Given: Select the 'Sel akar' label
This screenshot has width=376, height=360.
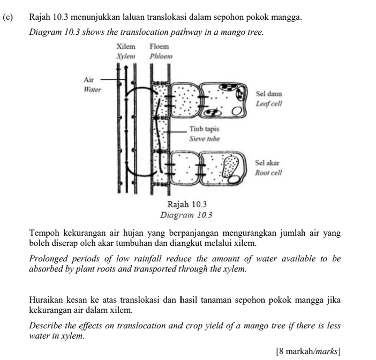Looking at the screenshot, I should coord(267,163).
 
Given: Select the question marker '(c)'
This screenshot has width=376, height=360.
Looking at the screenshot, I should coord(7,18).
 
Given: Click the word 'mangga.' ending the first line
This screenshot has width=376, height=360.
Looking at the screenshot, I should coord(287,18).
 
